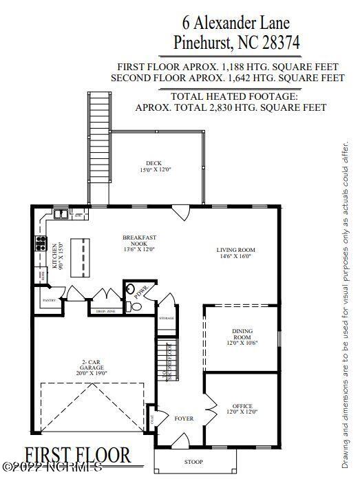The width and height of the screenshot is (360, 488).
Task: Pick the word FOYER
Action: (184, 418)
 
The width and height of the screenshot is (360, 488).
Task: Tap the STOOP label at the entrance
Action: (194, 461)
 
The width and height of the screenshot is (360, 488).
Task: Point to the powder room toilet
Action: (136, 307)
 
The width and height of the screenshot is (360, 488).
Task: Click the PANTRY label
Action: (49, 301)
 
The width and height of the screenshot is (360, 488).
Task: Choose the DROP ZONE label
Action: (106, 312)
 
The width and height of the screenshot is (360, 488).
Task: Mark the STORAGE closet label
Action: (167, 319)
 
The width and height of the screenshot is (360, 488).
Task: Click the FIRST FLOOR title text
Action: (78, 455)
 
